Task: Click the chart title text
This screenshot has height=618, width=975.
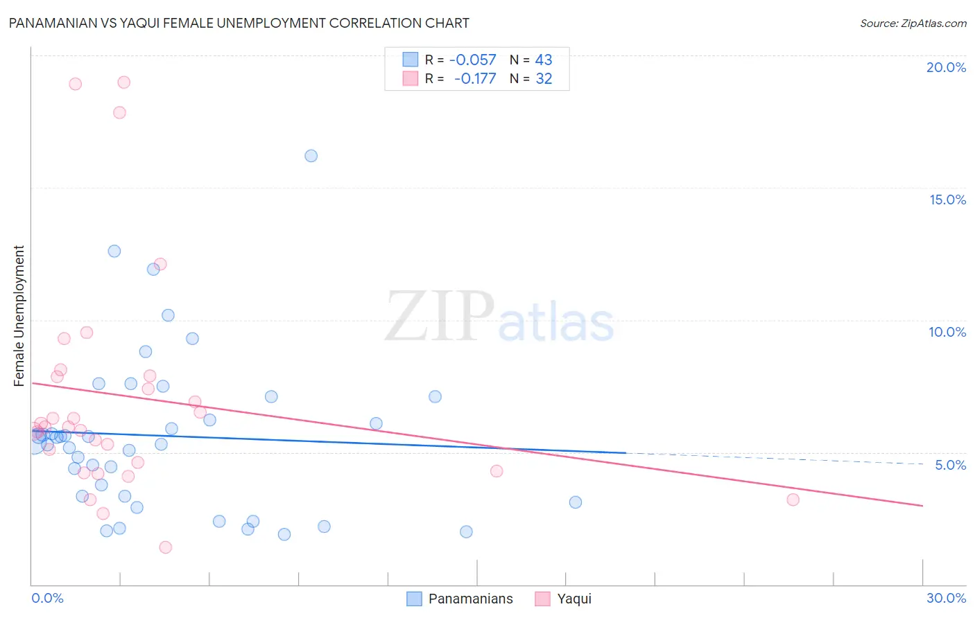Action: coord(239,24)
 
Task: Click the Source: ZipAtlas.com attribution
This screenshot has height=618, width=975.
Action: coord(913,24)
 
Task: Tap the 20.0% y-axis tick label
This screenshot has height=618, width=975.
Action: coord(946,67)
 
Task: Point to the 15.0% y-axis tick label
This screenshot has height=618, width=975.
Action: coord(947,200)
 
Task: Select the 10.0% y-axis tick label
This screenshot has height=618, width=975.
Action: coord(947,332)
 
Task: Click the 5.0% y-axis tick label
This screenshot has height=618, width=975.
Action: coord(950,465)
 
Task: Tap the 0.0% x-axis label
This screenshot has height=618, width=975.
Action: coord(47,598)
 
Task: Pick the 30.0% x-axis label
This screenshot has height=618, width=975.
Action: coord(946,598)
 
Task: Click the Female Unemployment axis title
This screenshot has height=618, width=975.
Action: coord(19,316)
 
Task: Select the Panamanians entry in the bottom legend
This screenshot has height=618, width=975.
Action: coord(470,599)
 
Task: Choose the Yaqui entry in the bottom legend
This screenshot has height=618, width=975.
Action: coord(574,599)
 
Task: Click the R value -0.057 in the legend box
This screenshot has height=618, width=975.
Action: coord(473,60)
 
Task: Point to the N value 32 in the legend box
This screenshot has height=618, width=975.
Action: coord(544,79)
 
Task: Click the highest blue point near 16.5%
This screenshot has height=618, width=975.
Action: coord(311,156)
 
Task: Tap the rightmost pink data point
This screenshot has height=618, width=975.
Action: coord(793,500)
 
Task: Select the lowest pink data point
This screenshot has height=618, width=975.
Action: coord(166,547)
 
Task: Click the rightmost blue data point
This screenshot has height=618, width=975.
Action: coord(576,502)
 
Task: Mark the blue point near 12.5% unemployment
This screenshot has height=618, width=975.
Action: coord(114,251)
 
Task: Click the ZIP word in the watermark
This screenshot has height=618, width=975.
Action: coord(440,317)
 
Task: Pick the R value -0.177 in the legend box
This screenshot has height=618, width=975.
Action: coord(475,79)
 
